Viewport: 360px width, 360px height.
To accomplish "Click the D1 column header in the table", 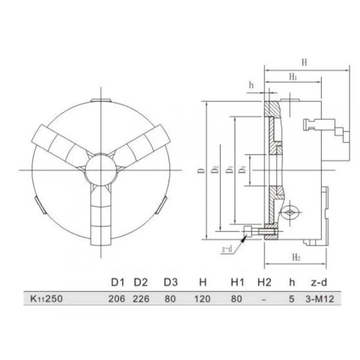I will [x=117, y=283].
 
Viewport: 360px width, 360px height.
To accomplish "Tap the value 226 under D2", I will [x=141, y=299].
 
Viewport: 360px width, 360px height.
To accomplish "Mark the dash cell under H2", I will [x=264, y=299].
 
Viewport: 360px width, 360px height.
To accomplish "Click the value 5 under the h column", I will [x=292, y=299].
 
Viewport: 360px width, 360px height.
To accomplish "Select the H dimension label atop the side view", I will [x=304, y=63].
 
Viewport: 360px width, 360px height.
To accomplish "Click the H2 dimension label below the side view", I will [x=296, y=257].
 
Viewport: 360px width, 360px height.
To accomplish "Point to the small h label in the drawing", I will [x=251, y=85].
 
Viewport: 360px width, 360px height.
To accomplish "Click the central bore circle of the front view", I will [x=101, y=170].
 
